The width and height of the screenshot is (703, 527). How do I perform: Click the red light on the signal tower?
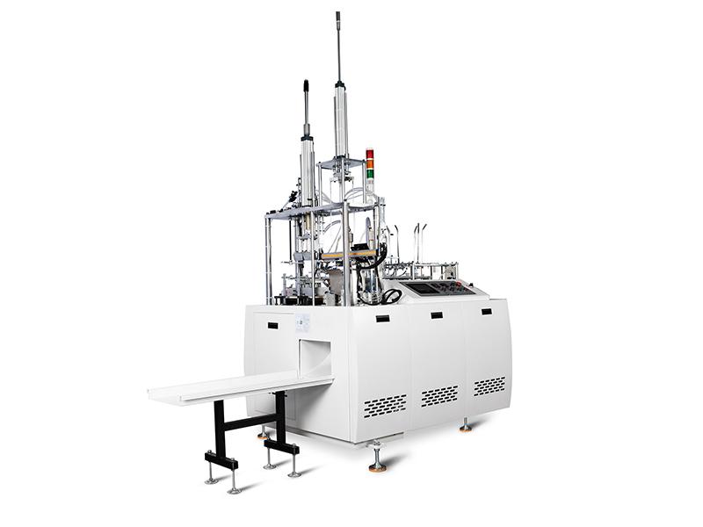pyautogui.click(x=370, y=155)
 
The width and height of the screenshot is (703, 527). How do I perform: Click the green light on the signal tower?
pyautogui.click(x=370, y=173)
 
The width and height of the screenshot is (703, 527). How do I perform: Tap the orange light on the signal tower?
pyautogui.click(x=370, y=163)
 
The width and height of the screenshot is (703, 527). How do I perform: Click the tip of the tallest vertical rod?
pyautogui.click(x=337, y=15)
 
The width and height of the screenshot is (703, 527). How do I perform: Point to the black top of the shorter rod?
pyautogui.click(x=307, y=85)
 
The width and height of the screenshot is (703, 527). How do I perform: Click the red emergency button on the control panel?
pyautogui.click(x=460, y=287)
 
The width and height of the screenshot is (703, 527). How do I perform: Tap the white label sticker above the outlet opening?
pyautogui.click(x=302, y=322)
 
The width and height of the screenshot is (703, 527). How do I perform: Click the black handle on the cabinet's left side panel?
pyautogui.click(x=272, y=326)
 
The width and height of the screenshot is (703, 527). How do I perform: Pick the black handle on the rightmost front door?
pyautogui.click(x=487, y=311)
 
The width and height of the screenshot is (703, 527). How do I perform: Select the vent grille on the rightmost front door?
pyautogui.click(x=489, y=386)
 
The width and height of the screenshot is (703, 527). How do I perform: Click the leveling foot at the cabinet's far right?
pyautogui.click(x=465, y=426)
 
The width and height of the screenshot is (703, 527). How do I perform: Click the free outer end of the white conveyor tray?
pyautogui.click(x=163, y=395)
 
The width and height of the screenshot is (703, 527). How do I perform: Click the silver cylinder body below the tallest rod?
pyautogui.click(x=341, y=123)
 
